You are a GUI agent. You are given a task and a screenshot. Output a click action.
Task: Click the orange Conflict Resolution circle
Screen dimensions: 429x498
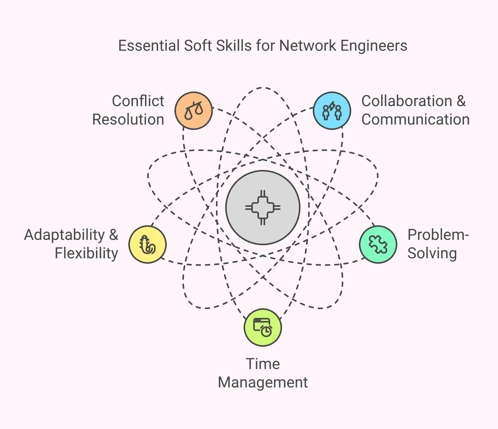pos(194,111)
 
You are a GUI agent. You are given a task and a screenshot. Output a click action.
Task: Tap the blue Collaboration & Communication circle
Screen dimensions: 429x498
pos(332,111)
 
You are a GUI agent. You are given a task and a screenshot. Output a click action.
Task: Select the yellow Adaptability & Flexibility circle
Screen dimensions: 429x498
pos(148,244)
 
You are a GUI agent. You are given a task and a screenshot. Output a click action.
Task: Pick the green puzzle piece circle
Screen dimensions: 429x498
pos(378,244)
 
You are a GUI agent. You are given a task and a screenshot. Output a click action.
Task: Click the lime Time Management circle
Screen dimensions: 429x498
pos(263,328)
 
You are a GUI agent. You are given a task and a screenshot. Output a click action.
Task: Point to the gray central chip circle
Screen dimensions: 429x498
pos(263,208)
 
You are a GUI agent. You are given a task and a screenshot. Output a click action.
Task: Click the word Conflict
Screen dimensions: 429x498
pos(138,101)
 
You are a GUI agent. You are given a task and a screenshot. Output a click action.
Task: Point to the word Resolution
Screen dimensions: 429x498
pos(128,119)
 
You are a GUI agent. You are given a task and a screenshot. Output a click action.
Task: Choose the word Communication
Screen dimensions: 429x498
pos(416,119)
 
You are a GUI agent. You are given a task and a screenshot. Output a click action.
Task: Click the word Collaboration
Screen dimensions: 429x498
pos(407,101)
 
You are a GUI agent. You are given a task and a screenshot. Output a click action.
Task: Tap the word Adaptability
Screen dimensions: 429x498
pos(65,235)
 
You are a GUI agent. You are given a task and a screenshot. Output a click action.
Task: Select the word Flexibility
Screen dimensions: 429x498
pos(87,253)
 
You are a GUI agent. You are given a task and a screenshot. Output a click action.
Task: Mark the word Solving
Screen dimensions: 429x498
pos(432,253)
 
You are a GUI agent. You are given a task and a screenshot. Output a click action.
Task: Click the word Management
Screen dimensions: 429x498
pos(263,382)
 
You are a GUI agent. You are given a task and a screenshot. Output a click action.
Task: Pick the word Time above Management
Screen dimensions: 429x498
pos(263,364)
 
